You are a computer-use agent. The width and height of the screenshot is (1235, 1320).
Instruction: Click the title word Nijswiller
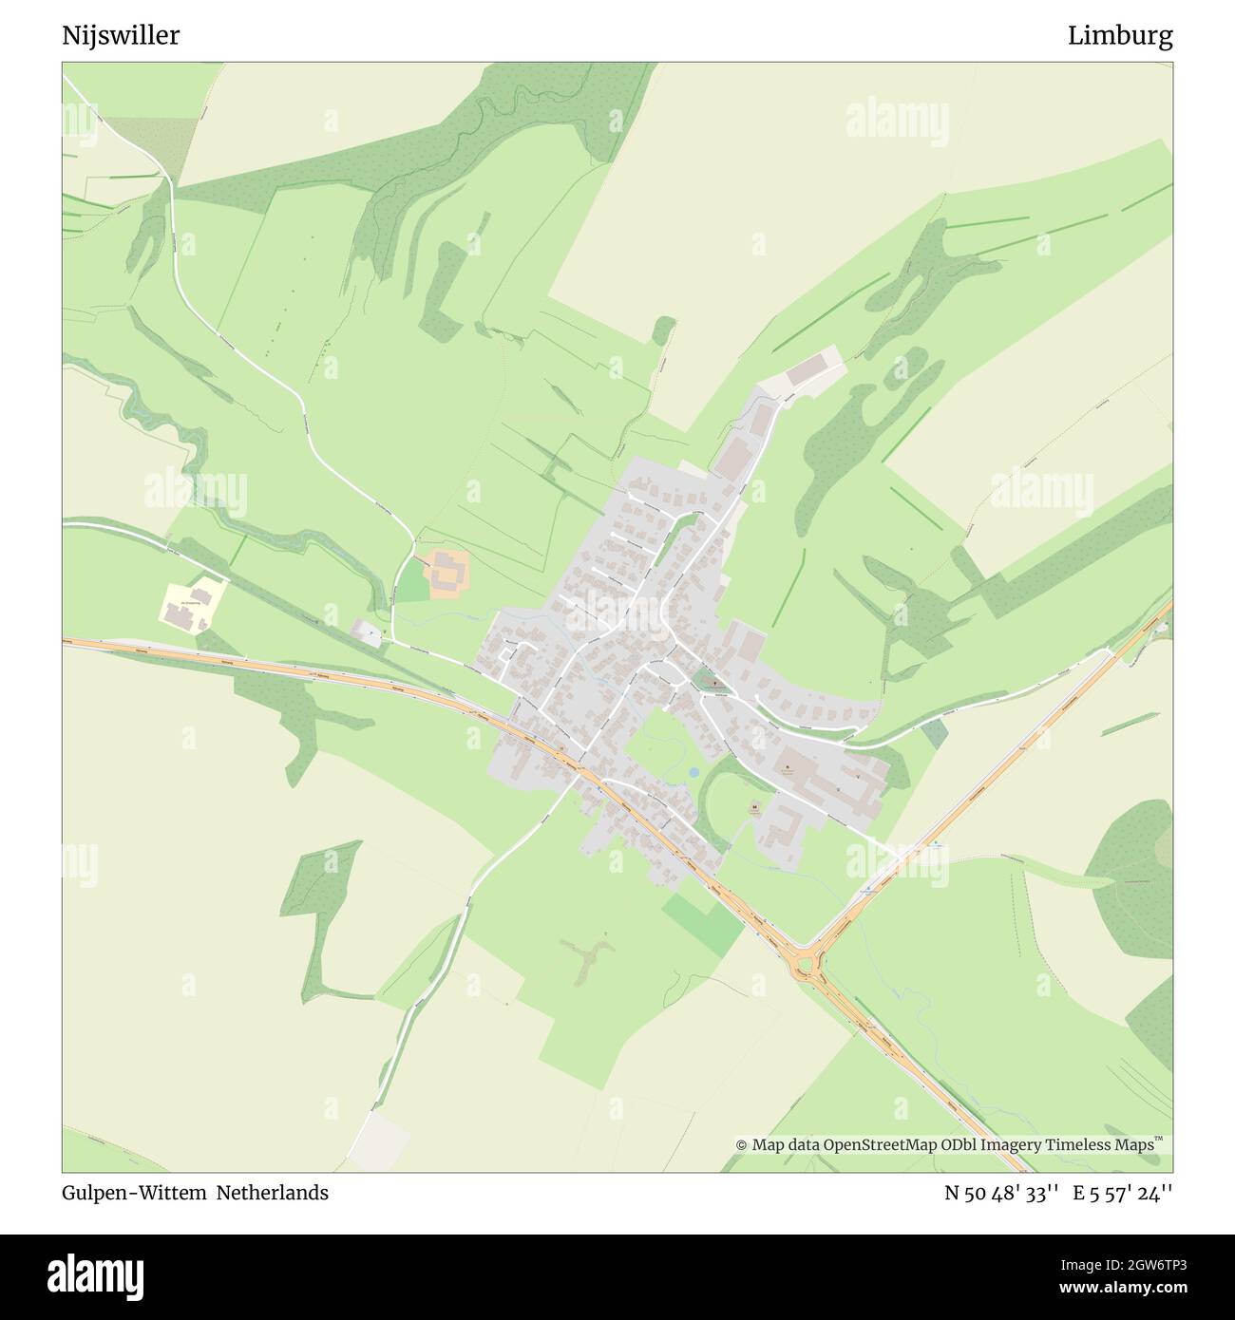coord(121,36)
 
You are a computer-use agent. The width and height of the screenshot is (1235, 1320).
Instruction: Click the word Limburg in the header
coord(1120,36)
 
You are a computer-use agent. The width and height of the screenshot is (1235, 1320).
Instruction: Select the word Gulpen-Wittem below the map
coord(134,1193)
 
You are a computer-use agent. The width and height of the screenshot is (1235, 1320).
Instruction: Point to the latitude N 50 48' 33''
coord(1001,1193)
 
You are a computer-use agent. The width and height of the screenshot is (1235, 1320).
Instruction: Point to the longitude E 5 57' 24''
coord(1123,1193)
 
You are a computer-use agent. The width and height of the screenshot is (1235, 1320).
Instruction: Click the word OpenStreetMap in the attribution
coord(879,1145)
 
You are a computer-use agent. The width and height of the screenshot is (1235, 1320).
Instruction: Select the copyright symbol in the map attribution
coord(741,1145)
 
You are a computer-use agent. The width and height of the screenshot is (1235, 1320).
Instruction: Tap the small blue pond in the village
coord(694,773)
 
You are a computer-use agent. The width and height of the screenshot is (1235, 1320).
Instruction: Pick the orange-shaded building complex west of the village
coord(446,574)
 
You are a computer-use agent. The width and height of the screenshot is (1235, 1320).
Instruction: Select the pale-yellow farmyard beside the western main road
coord(194,605)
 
